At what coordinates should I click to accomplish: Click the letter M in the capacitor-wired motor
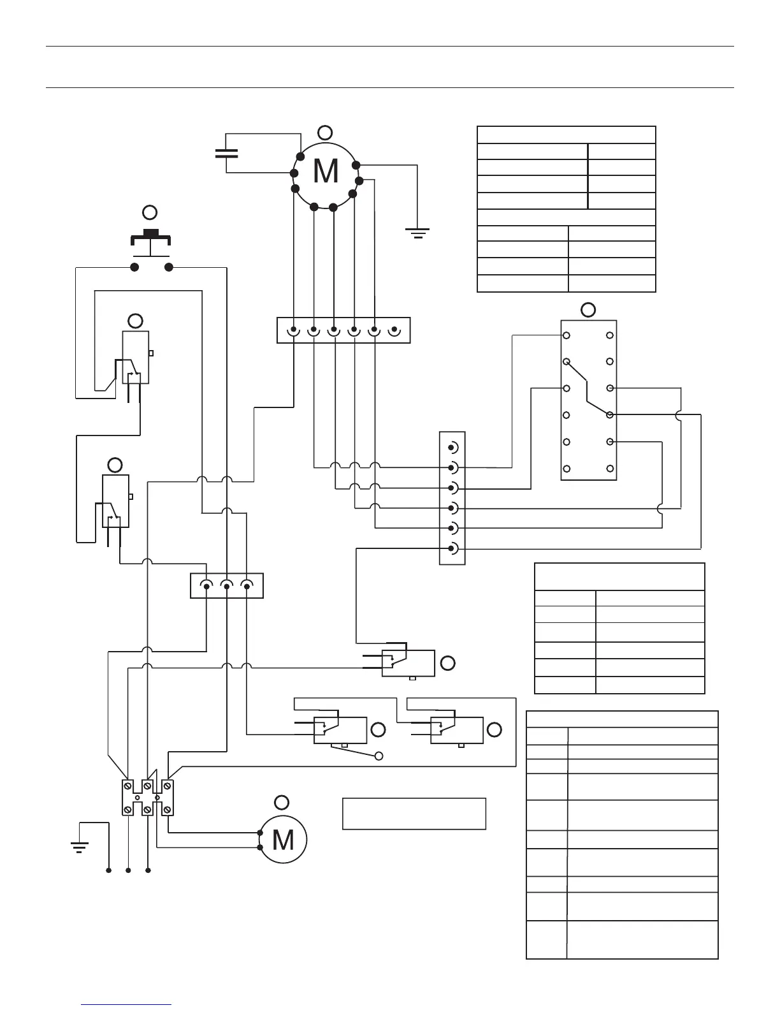tap(326, 171)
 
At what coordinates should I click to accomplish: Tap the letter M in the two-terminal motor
tap(282, 840)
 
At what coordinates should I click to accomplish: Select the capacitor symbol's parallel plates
tap(226, 153)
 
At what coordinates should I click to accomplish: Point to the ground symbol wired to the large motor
tap(417, 233)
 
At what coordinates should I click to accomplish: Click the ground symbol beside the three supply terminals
tap(79, 847)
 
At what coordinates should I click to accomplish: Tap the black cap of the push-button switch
tap(151, 233)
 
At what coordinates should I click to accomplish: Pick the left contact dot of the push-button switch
tap(134, 267)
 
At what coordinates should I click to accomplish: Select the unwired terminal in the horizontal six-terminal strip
tap(394, 331)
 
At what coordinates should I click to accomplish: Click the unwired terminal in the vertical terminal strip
tap(452, 446)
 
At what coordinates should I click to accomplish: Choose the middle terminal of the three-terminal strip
tap(226, 585)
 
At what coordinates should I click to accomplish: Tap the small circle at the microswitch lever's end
tap(379, 756)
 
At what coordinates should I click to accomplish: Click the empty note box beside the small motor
tap(414, 813)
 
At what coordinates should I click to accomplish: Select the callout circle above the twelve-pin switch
tap(588, 310)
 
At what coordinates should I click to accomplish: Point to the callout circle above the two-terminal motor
tap(281, 802)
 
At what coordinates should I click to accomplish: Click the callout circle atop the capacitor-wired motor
tap(324, 133)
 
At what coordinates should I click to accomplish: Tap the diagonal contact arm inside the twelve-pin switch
tap(588, 388)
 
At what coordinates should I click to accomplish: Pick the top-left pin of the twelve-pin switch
tap(566, 335)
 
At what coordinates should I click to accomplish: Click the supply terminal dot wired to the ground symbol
tap(109, 870)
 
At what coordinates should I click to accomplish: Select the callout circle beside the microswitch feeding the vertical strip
tap(448, 663)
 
